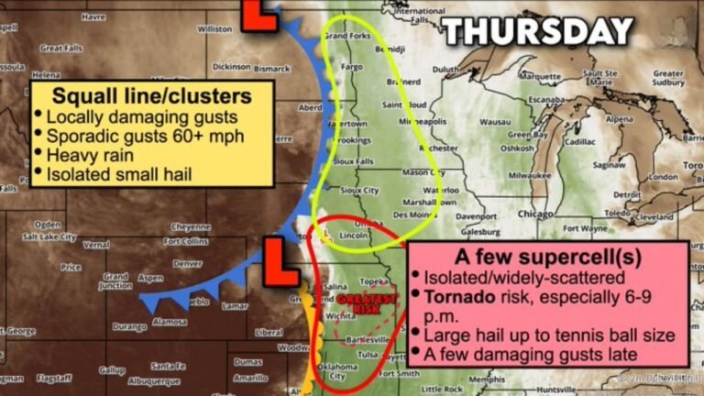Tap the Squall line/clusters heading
pos(152,95)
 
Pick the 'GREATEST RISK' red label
pos(367,303)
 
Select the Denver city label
pos(187,263)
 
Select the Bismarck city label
pos(271,69)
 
